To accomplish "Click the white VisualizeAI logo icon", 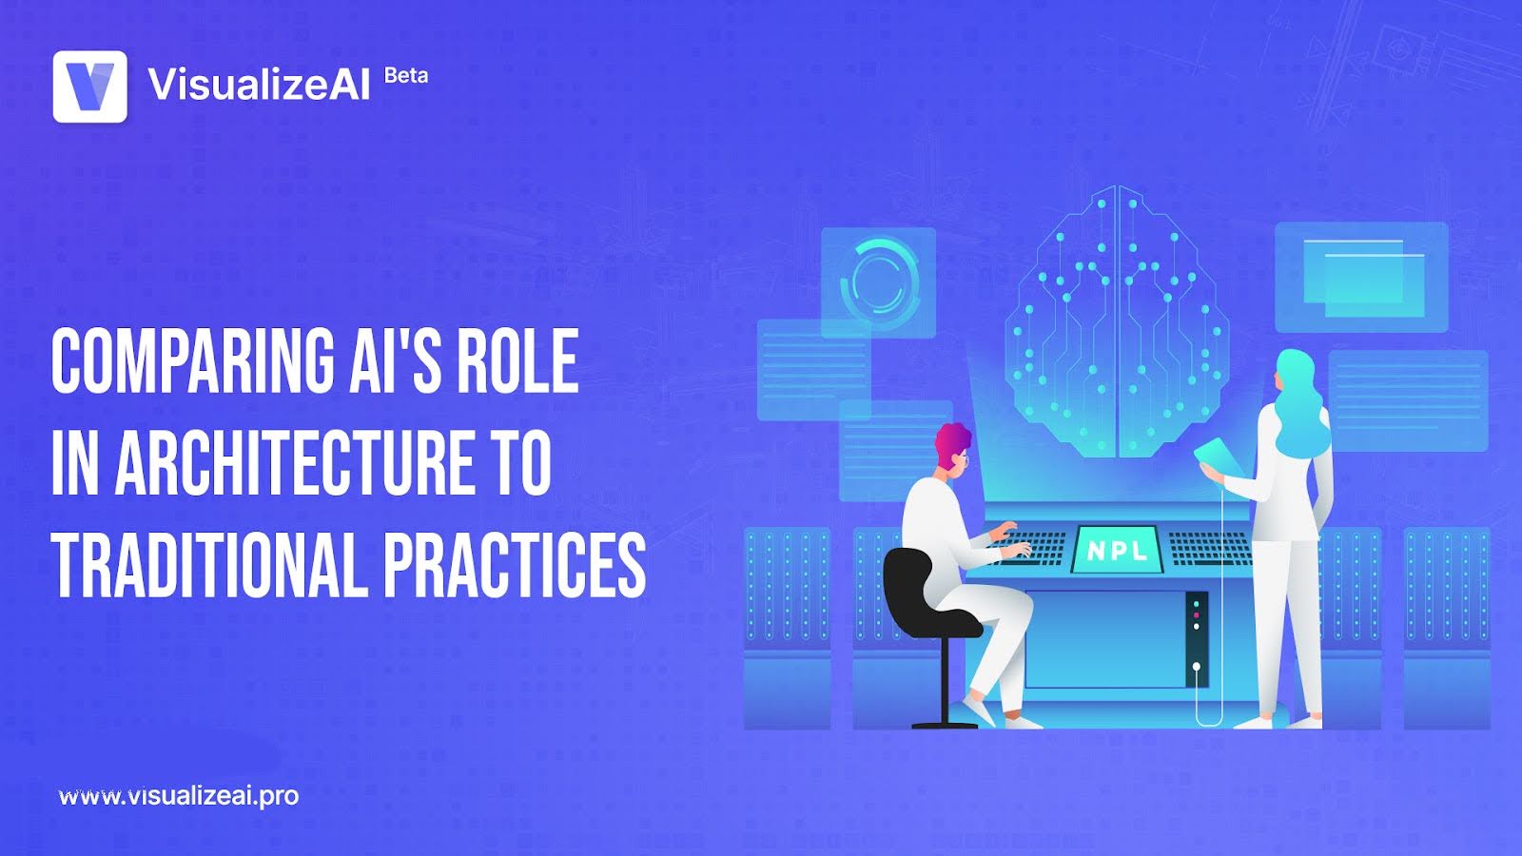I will [x=89, y=87].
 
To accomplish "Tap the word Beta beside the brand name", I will [x=406, y=76].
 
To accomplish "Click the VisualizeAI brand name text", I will [x=259, y=85].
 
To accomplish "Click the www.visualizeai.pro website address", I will [x=179, y=796].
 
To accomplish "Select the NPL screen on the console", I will [x=1118, y=550].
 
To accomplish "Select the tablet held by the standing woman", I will [x=1219, y=455].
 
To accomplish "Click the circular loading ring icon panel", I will [x=878, y=282].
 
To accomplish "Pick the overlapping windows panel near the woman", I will [x=1361, y=277].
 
